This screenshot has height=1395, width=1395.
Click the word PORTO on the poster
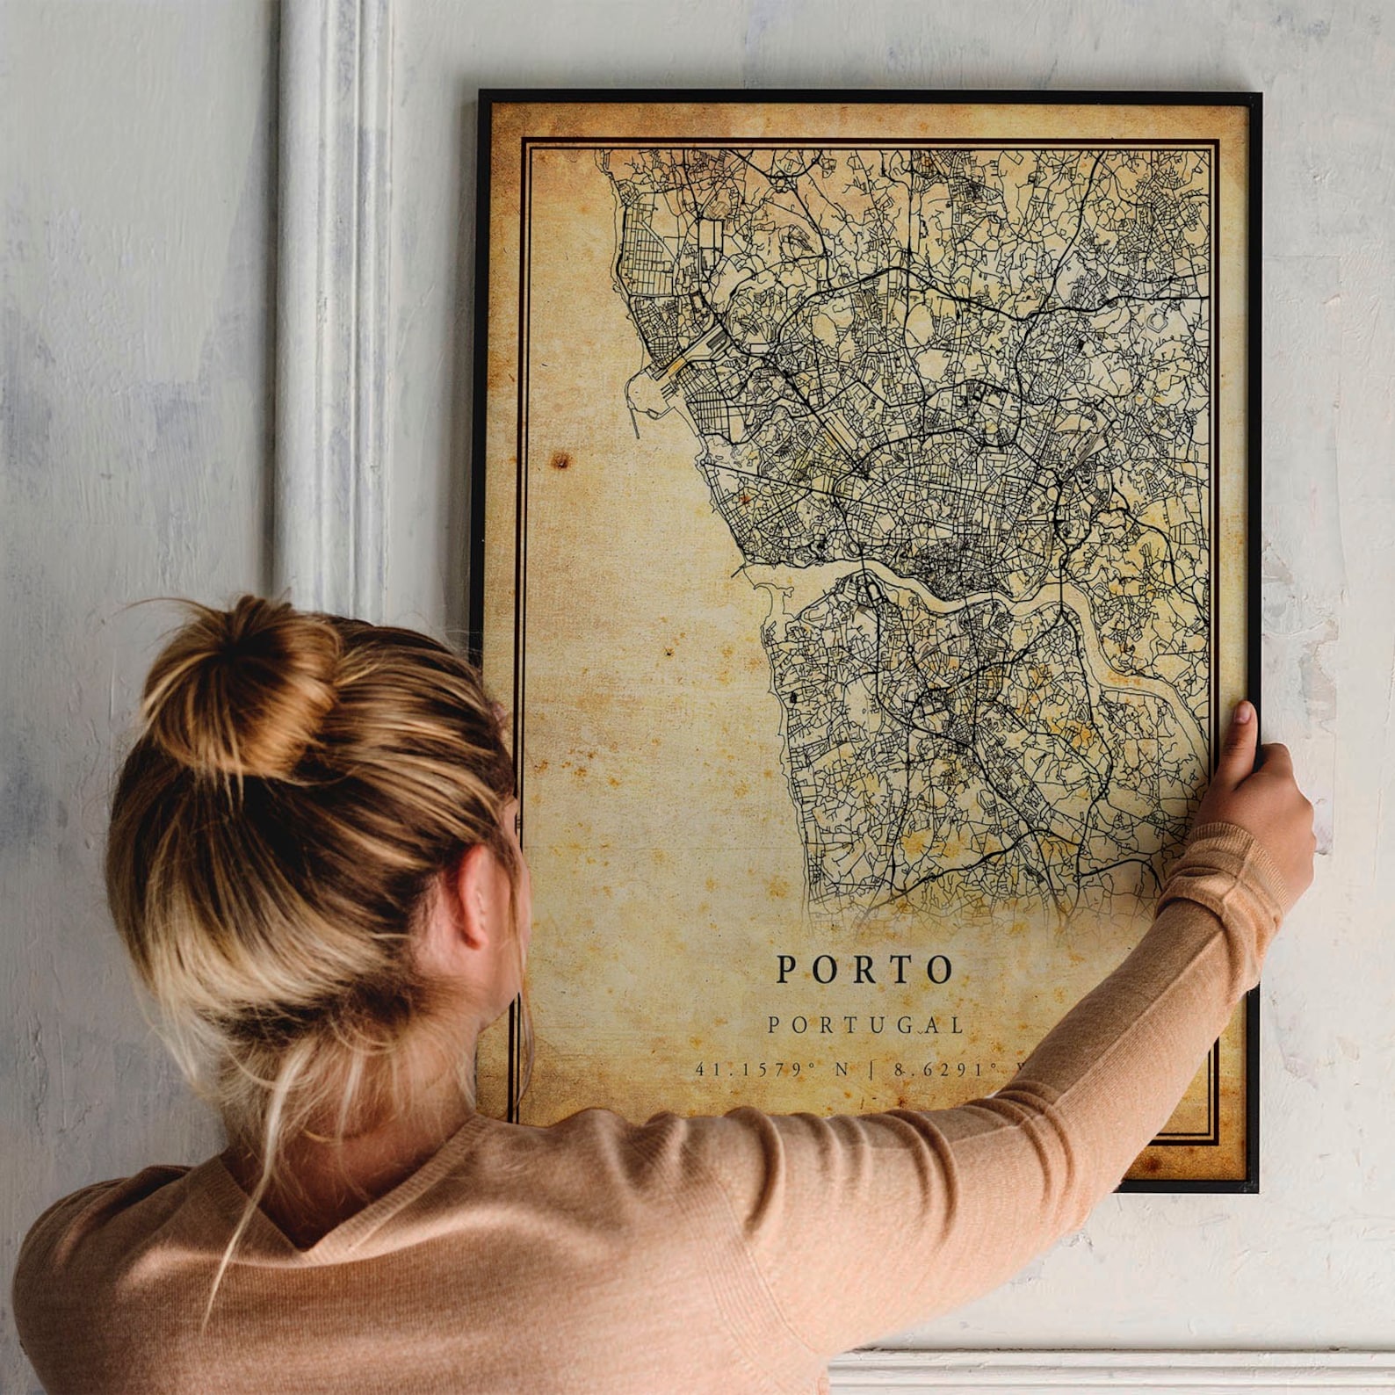click(x=865, y=969)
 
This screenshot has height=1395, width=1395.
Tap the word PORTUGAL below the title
click(x=866, y=1025)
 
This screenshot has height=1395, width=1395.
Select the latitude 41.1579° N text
click(x=772, y=1070)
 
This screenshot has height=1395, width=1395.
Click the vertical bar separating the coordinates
click(x=871, y=1070)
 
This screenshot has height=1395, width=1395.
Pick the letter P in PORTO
click(x=787, y=970)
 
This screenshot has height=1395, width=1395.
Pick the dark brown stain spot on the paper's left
click(x=559, y=460)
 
